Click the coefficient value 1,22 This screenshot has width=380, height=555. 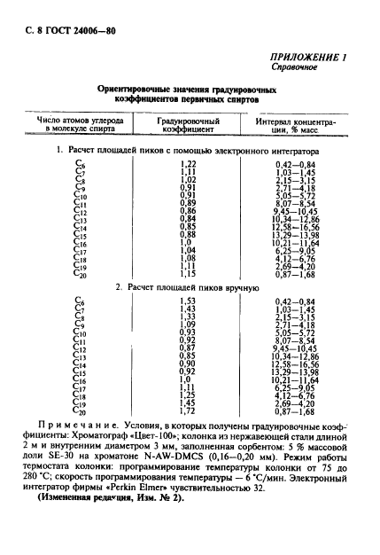tap(188, 164)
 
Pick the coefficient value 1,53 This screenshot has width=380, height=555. tap(188, 301)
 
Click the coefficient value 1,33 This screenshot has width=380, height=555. tap(188, 317)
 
